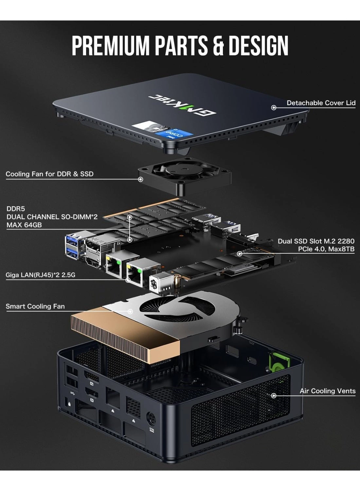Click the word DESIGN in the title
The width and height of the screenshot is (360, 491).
(258, 45)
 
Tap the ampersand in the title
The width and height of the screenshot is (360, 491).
(218, 45)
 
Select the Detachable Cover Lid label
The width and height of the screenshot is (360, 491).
(321, 103)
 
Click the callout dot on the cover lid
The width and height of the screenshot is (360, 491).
(274, 107)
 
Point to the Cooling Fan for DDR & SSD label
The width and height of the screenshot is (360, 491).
(49, 174)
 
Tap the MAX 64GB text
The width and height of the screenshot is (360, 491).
(24, 225)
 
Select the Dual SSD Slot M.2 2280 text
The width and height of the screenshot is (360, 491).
(316, 241)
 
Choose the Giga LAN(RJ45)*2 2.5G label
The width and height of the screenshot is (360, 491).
(40, 275)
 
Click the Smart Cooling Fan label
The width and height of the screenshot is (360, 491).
(35, 306)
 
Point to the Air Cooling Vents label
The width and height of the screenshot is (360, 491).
(327, 391)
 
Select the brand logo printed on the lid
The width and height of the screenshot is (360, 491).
(182, 105)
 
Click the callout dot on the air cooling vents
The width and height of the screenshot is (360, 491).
(274, 395)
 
